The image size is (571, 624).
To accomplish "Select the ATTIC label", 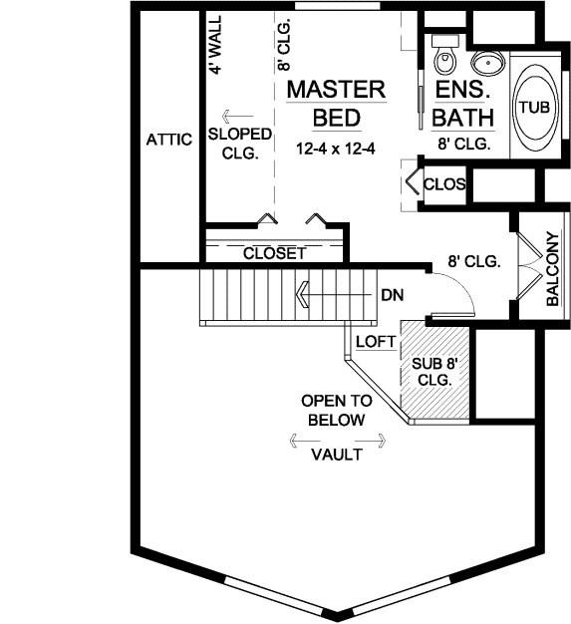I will [x=168, y=140].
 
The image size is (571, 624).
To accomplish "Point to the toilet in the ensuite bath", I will [x=444, y=54].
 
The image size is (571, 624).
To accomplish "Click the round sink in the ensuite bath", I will [x=487, y=64].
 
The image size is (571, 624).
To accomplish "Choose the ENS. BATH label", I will [x=463, y=105].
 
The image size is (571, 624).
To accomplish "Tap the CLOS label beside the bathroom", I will [x=443, y=184].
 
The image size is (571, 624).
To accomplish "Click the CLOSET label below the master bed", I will [x=274, y=254].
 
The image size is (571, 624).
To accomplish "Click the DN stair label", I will [x=392, y=295].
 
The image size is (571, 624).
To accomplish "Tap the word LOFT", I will [x=377, y=341].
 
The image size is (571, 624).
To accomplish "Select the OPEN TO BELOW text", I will [x=336, y=410].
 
